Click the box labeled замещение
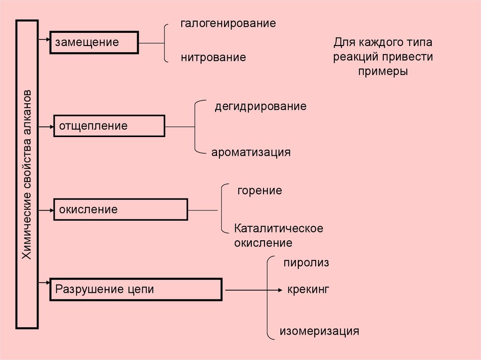(x=94, y=42)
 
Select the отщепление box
(x=109, y=126)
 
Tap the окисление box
(x=121, y=209)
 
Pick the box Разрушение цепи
(x=135, y=289)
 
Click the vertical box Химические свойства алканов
(x=27, y=174)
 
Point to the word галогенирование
(x=228, y=23)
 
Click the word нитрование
(x=213, y=58)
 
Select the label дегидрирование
(x=261, y=107)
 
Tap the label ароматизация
(x=251, y=153)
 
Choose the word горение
(x=259, y=191)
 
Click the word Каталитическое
(x=279, y=229)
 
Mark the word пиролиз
(x=306, y=263)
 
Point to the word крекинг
(x=308, y=289)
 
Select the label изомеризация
(x=319, y=331)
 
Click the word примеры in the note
(x=383, y=72)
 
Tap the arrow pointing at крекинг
(x=254, y=290)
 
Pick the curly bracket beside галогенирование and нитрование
(x=165, y=43)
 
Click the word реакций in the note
(x=356, y=57)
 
